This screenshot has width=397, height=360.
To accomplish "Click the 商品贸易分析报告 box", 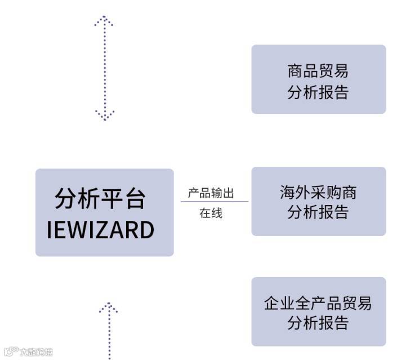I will click(x=318, y=79).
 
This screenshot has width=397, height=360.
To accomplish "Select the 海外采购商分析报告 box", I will click(x=318, y=201).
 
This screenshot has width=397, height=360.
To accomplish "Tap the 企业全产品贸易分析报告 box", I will click(x=318, y=312).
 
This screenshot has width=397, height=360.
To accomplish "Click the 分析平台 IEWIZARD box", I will click(x=104, y=212).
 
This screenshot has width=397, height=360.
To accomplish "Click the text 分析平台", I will click(x=100, y=198).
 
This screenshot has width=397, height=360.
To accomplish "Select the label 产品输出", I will click(x=211, y=194).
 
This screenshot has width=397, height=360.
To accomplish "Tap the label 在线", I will click(x=211, y=213).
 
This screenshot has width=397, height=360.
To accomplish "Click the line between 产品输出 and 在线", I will click(x=214, y=202).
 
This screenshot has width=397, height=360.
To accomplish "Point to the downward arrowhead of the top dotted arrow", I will click(x=104, y=116).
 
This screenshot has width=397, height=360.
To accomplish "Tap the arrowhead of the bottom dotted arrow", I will click(x=108, y=307).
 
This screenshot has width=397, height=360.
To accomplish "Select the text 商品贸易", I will click(x=318, y=71).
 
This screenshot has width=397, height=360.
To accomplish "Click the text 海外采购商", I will click(x=318, y=193).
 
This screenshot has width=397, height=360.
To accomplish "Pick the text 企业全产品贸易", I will click(x=318, y=303).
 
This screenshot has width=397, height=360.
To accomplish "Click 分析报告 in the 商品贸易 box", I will click(x=318, y=92).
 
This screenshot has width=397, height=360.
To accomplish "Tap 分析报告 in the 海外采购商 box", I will click(x=318, y=212).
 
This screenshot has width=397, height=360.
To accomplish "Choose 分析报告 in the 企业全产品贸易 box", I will click(x=318, y=323).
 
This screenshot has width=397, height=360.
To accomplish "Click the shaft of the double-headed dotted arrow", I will click(x=104, y=68).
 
